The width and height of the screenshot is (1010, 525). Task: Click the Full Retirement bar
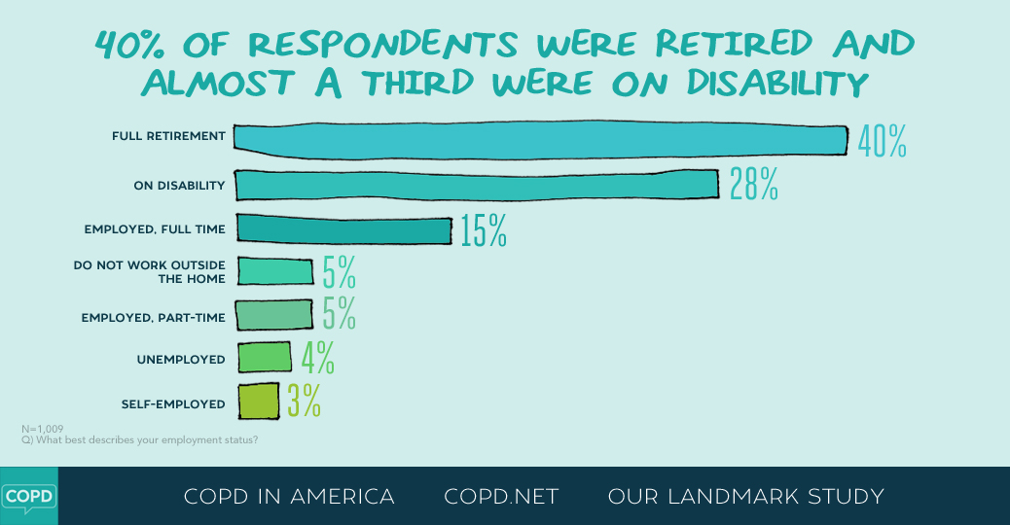540,139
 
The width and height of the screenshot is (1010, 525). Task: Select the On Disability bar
477,184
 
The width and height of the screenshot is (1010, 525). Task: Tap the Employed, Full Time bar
343,229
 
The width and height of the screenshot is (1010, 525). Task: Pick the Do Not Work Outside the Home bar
274,271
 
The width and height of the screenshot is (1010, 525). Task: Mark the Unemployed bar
264,358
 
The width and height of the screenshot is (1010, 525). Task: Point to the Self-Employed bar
258,401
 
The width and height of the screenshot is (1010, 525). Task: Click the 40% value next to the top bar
882,142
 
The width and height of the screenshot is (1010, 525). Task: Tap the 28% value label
754,185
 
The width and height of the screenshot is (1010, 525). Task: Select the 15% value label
484,231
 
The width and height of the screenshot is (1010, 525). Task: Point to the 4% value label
318,359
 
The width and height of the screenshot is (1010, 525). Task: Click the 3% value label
304,402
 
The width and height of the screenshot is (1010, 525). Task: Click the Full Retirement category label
168,136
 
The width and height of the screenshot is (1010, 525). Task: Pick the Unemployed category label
181,360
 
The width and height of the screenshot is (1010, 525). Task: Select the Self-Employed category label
173,403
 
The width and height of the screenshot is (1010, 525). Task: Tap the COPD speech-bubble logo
28,496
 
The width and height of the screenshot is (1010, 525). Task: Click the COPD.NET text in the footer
501,497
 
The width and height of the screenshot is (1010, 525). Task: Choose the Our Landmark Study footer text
745,497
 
